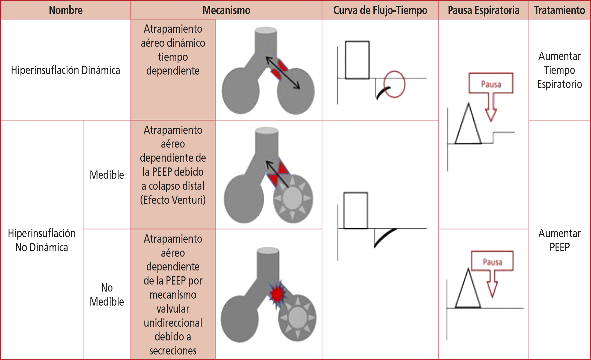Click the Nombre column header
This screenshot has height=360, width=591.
(66, 10)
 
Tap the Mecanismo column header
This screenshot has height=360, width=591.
(226, 10)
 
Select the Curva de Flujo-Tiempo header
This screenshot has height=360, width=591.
(380, 10)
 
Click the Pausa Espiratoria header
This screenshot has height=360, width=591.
(483, 10)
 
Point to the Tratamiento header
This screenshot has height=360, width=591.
(559, 10)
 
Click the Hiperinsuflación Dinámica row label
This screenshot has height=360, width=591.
(65, 70)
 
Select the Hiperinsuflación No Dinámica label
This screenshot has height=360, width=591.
(42, 240)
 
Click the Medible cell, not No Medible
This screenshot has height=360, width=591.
(107, 175)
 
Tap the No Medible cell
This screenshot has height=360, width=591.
(107, 295)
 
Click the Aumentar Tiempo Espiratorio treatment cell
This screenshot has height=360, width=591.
(559, 70)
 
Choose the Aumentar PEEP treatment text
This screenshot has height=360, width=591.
(559, 240)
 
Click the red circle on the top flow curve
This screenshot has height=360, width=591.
(394, 84)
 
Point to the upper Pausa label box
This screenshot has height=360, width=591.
(491, 83)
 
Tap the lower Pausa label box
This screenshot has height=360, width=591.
(492, 261)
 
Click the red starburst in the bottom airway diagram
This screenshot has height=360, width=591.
(278, 294)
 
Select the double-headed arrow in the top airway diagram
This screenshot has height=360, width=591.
(283, 73)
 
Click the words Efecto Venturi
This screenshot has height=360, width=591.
(173, 200)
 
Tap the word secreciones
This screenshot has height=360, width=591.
(173, 351)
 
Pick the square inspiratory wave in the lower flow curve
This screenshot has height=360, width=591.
(356, 211)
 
